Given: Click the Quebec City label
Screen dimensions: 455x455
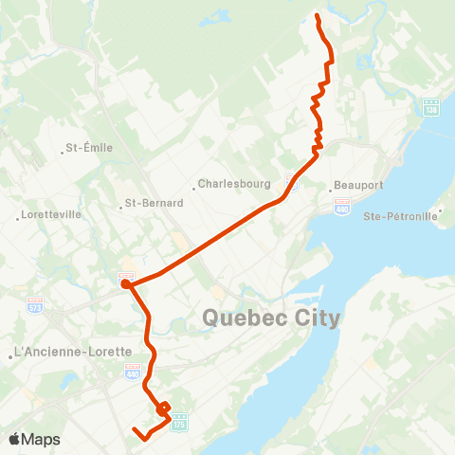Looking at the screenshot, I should [x=271, y=318].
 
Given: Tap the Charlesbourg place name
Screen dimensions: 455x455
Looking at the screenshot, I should [x=236, y=184].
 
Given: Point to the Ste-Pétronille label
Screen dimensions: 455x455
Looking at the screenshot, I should [x=400, y=216].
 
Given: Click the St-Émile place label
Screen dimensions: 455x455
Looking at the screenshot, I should [x=88, y=148].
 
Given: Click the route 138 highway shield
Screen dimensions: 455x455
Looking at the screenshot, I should [x=431, y=106].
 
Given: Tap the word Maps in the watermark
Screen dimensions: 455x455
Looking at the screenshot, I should [x=42, y=439].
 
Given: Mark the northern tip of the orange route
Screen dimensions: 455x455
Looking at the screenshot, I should [x=317, y=16].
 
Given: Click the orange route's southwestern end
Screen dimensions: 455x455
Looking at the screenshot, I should [x=135, y=431].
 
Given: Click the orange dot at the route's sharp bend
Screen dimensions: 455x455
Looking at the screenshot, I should [x=125, y=282].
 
